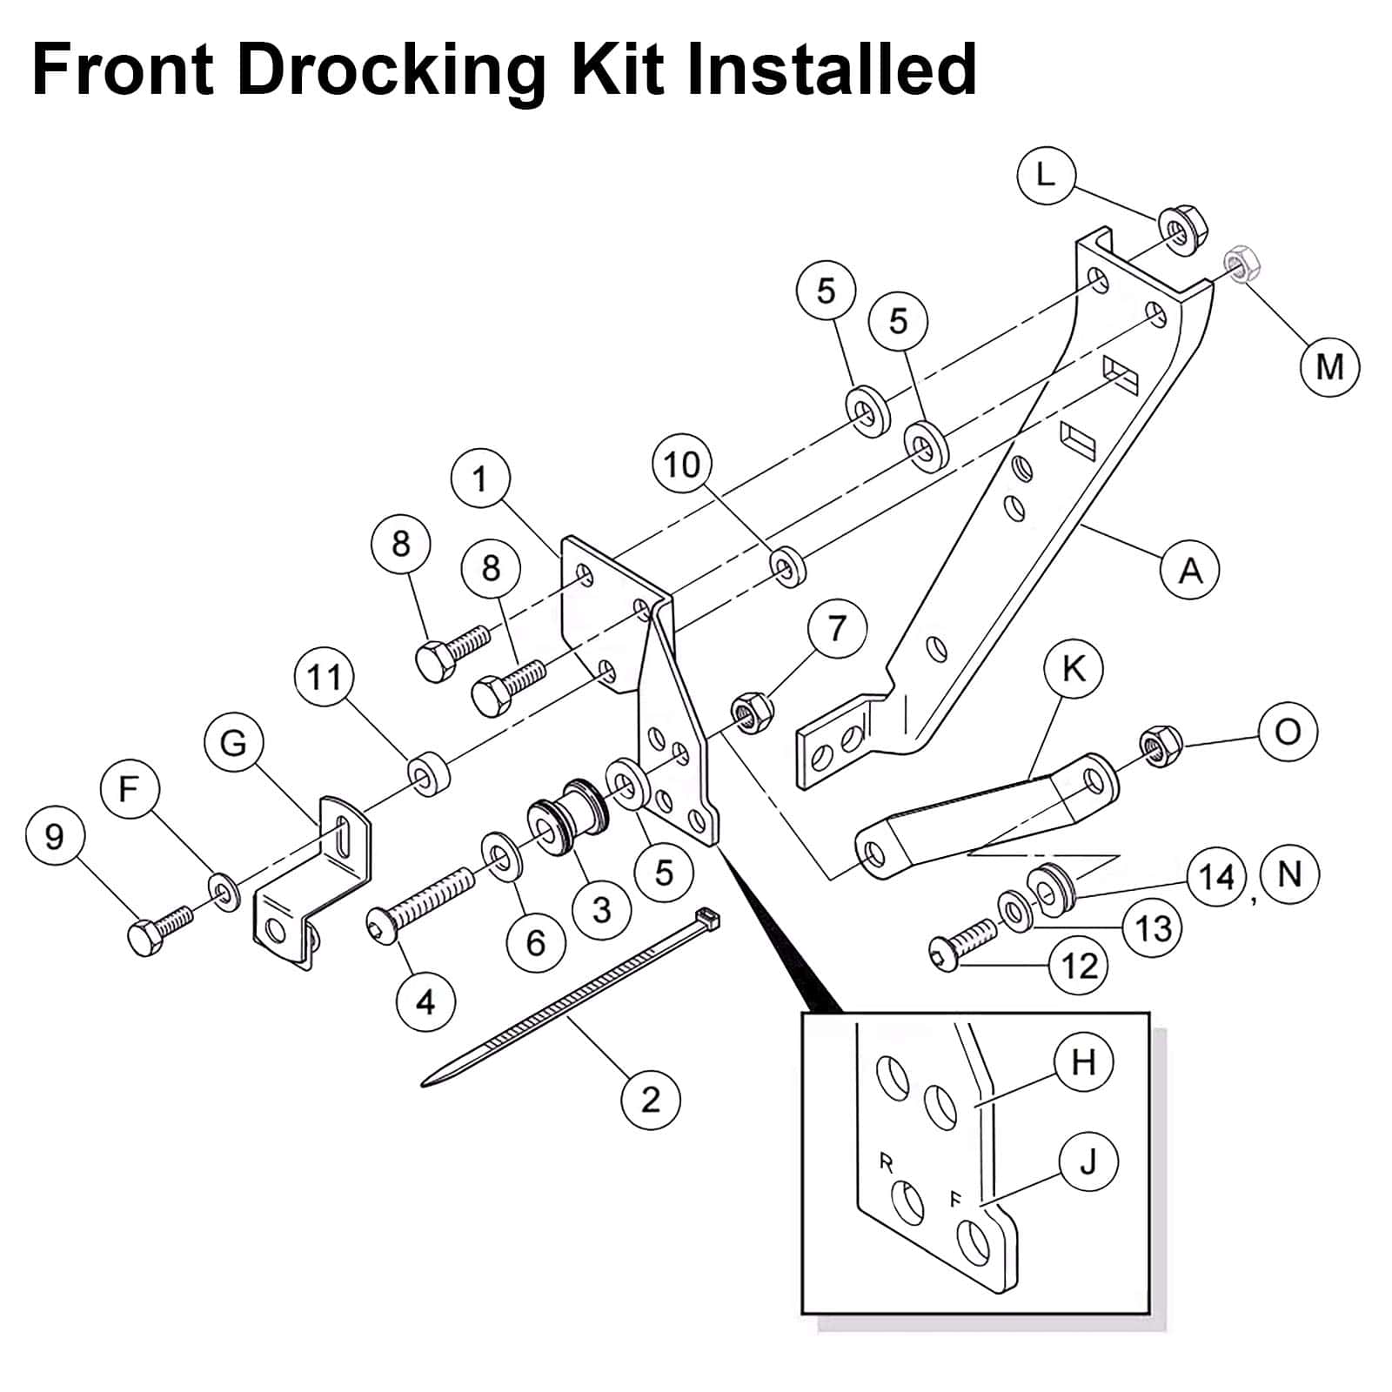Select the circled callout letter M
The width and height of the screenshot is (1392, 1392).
[1330, 366]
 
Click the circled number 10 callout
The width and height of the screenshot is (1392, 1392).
[682, 465]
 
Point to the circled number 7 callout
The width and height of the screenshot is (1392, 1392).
[837, 627]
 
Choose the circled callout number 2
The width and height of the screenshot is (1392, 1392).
[651, 1099]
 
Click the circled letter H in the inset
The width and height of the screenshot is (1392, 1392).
[1084, 1062]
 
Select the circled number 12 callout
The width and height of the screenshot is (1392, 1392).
[1080, 965]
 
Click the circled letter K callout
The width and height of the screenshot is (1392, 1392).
[1074, 670]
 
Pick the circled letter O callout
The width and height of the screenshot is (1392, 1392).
[1288, 732]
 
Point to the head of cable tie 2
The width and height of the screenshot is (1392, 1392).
[708, 919]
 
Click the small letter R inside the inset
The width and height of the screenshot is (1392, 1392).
[887, 1162]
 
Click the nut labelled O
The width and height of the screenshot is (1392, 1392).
[1160, 745]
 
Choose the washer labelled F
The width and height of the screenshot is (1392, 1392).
[224, 889]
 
